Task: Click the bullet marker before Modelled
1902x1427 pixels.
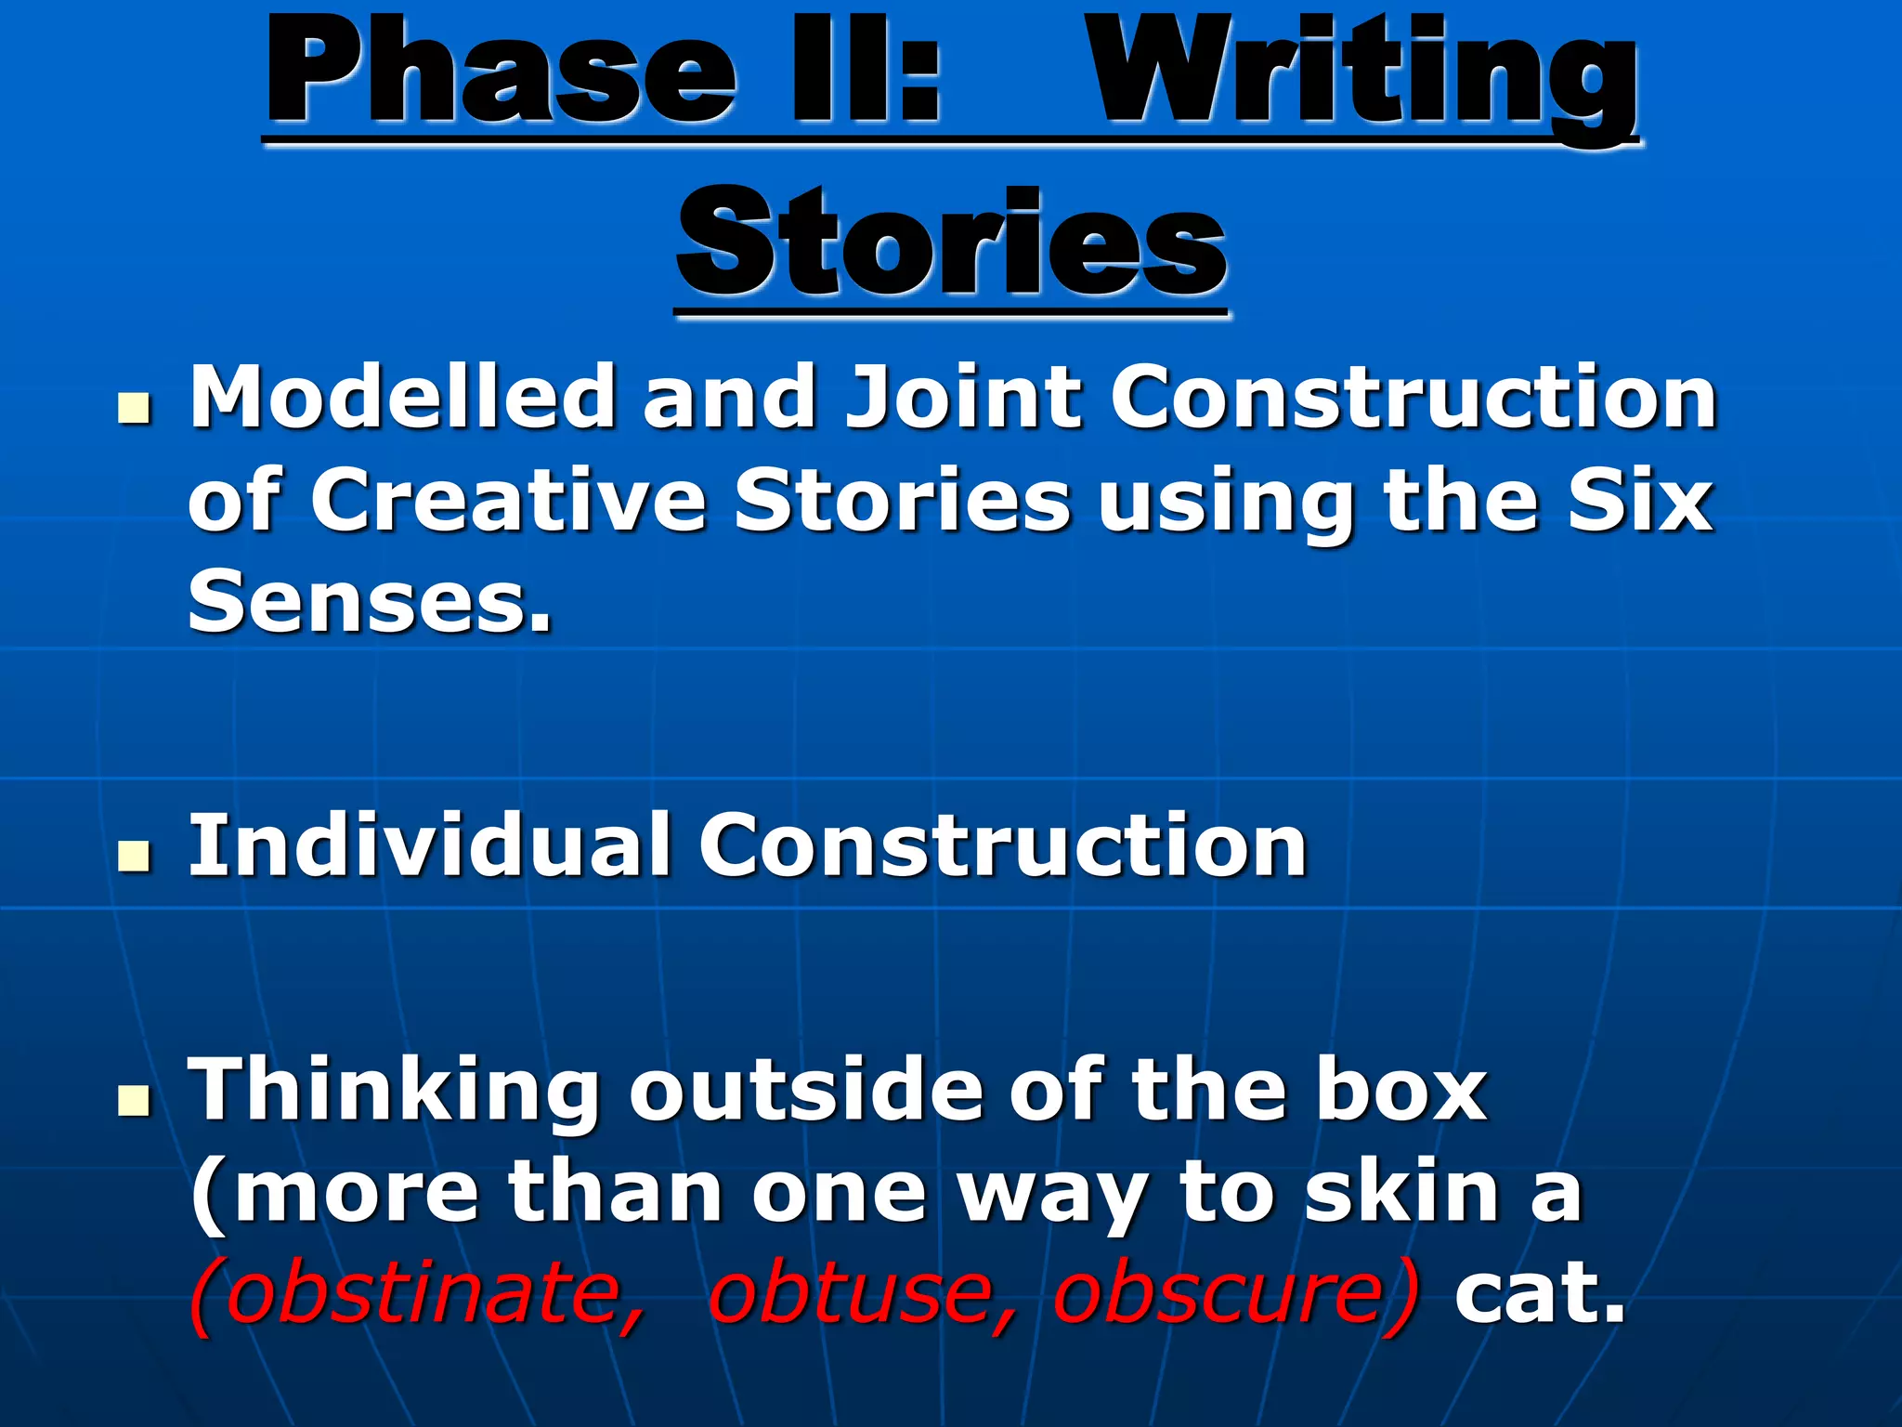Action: pyautogui.click(x=135, y=409)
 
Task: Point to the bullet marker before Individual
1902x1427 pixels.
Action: pyautogui.click(x=135, y=857)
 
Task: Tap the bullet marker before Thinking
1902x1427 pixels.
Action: pyautogui.click(x=135, y=1101)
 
